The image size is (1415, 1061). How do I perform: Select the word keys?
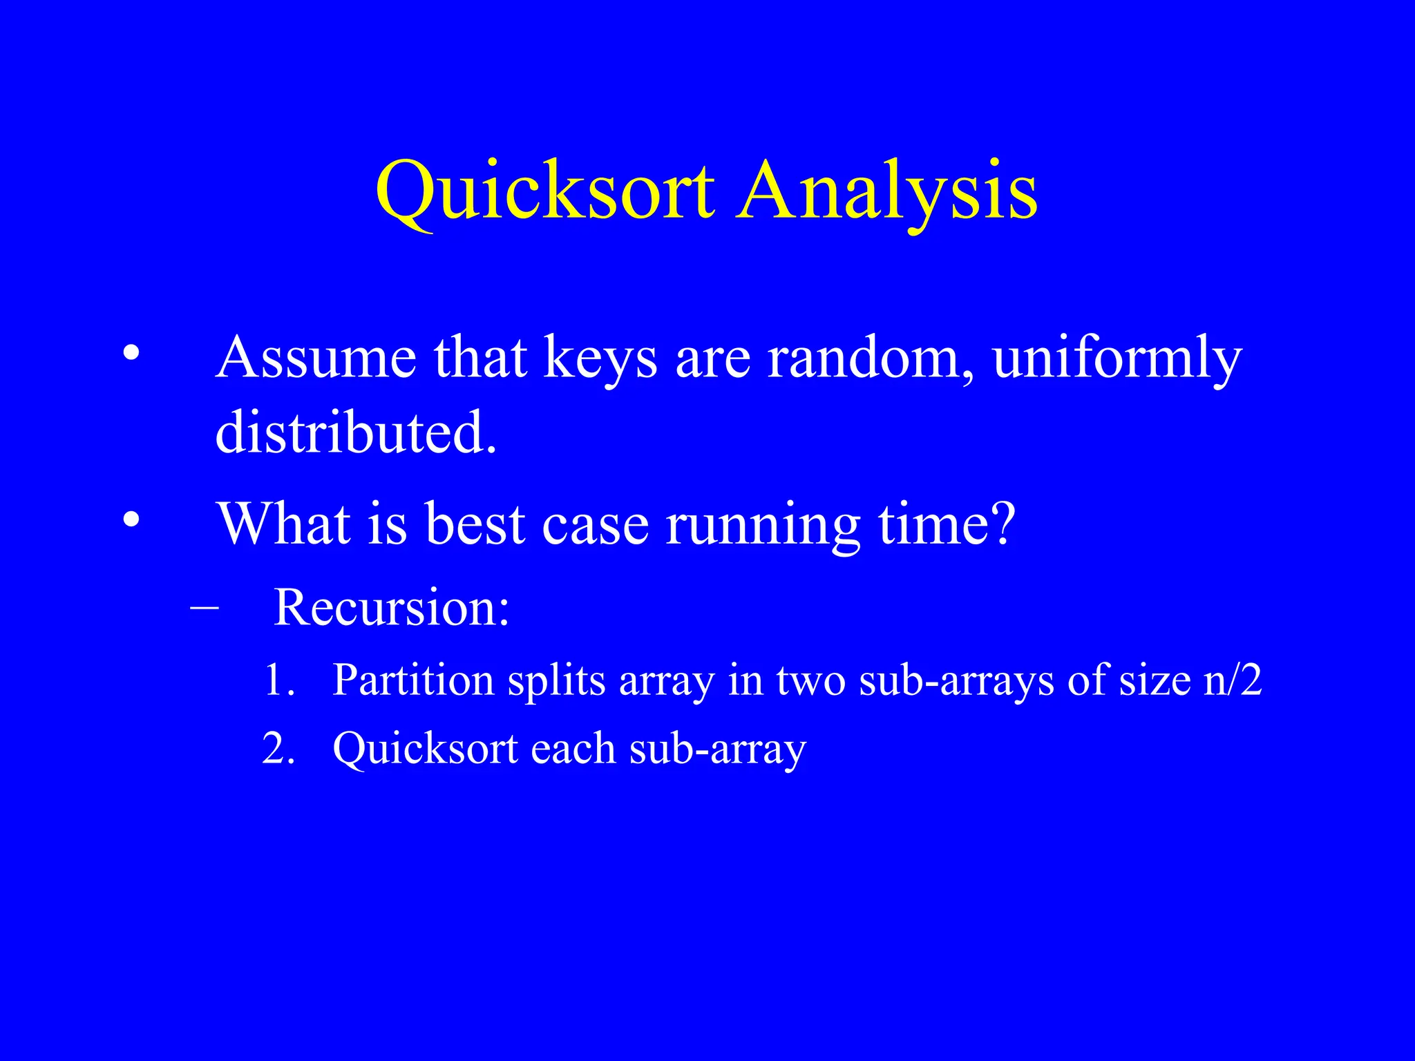click(600, 359)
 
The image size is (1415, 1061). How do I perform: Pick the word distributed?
click(355, 432)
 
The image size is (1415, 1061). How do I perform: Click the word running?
click(763, 525)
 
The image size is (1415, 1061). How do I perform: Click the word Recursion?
click(391, 608)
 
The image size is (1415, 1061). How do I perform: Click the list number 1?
click(279, 680)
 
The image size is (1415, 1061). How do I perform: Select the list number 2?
click(278, 748)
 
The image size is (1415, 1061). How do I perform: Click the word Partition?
click(413, 680)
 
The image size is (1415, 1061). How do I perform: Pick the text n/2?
click(1233, 680)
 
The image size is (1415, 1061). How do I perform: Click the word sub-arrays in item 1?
click(957, 681)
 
